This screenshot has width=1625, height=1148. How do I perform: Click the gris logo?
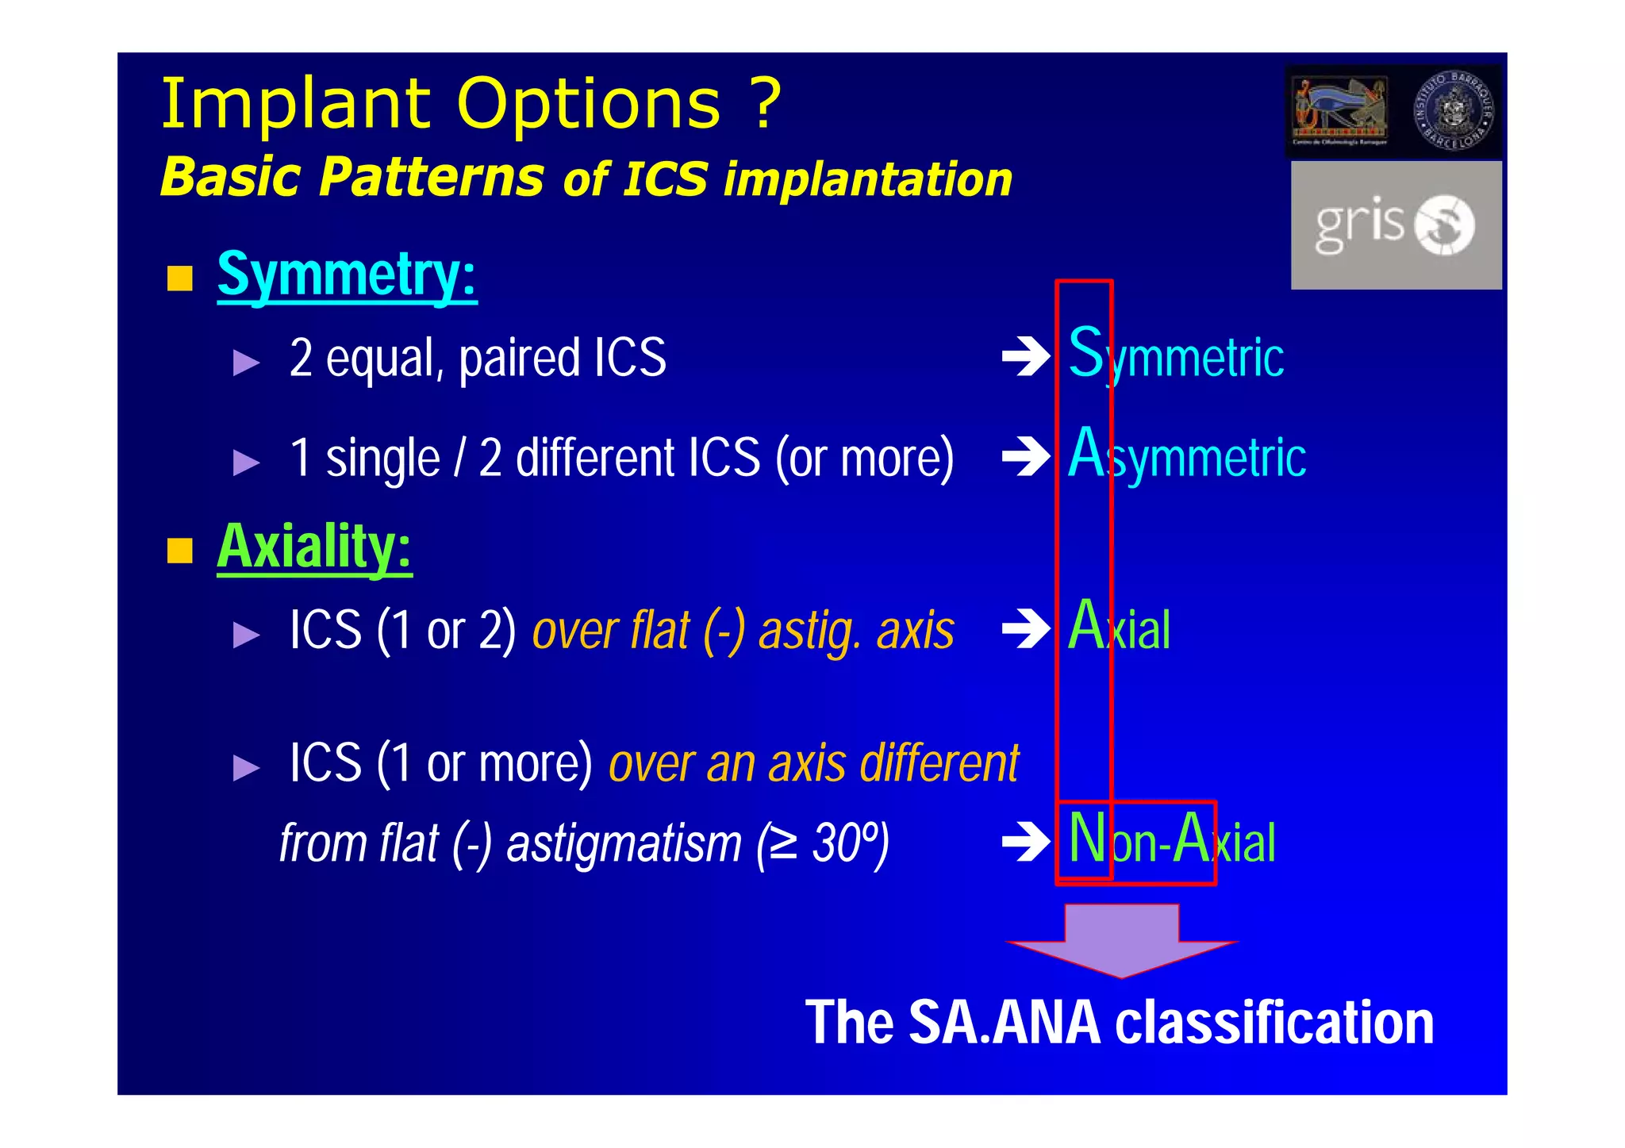tap(1395, 225)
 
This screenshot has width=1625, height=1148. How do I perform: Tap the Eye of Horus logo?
tap(1339, 111)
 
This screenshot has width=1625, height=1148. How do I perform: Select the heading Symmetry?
tap(347, 275)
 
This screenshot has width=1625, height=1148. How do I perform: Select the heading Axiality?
tap(314, 547)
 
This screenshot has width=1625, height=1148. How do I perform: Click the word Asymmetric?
tap(1187, 455)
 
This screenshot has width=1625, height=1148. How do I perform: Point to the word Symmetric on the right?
tap(1176, 355)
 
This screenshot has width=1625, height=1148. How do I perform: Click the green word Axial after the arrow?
tap(1119, 628)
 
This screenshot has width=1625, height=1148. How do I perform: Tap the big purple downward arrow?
tap(1121, 940)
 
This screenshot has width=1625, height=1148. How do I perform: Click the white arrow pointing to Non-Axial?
tap(1026, 843)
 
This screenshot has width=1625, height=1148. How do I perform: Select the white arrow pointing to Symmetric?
tap(1026, 357)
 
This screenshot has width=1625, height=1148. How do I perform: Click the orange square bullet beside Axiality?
tap(180, 550)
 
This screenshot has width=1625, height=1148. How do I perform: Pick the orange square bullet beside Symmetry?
tap(180, 278)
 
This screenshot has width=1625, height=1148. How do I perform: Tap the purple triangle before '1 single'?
tap(246, 462)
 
